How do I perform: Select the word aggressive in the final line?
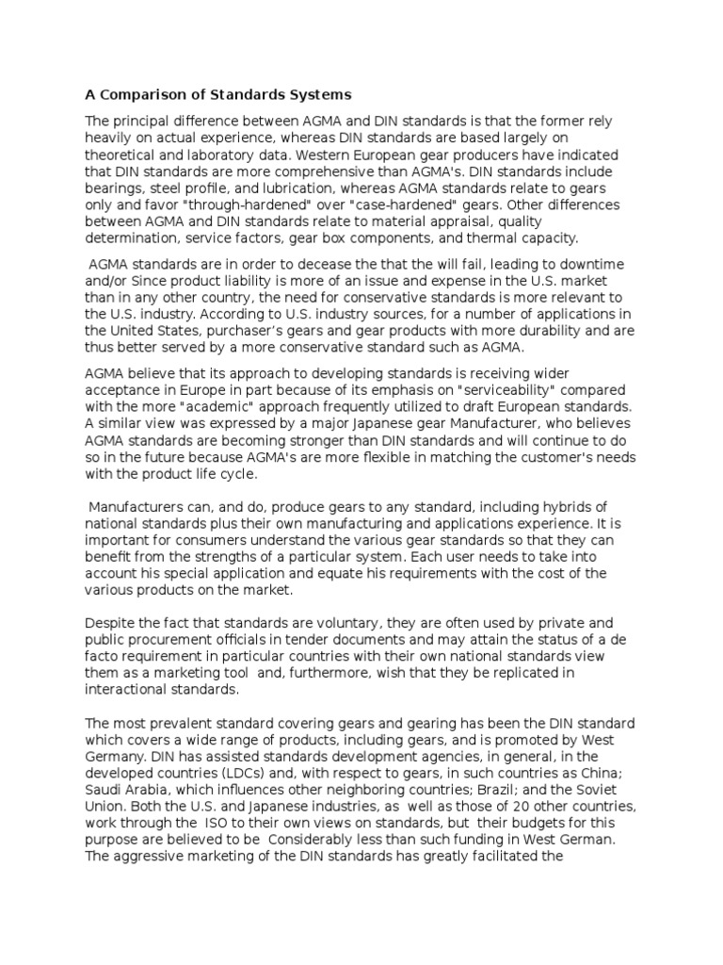[153, 859]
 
